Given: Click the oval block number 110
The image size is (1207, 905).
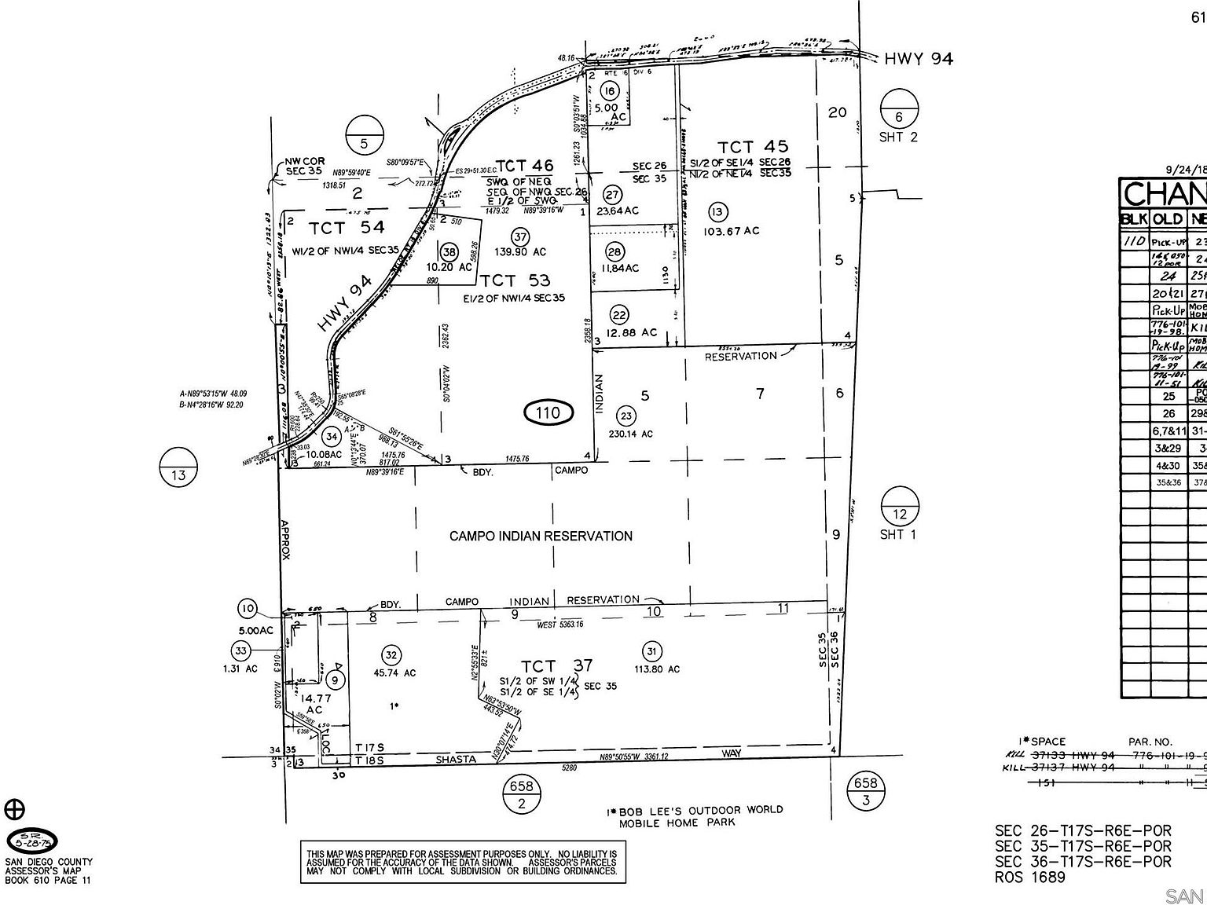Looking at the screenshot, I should click(x=548, y=412).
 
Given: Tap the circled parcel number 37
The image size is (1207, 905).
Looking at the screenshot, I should click(x=519, y=236).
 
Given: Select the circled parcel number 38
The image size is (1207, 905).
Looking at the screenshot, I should click(x=449, y=251).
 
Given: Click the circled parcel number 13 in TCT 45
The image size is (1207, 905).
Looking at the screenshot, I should click(x=717, y=211).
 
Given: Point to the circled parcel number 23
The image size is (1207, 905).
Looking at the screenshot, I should click(x=626, y=416).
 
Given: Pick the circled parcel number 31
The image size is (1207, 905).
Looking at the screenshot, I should click(x=651, y=651).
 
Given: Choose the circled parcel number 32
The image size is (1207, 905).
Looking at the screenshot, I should click(x=391, y=655).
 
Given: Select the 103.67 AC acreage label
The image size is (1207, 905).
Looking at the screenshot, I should click(x=732, y=231).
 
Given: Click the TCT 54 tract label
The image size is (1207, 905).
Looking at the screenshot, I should click(x=347, y=227).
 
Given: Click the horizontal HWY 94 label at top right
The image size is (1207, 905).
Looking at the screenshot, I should click(x=918, y=58).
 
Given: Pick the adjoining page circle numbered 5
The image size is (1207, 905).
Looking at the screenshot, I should click(x=364, y=134).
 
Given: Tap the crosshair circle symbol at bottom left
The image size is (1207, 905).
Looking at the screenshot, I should click(x=15, y=809).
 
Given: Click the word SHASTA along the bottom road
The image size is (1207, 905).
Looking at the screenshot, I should click(x=457, y=759).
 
